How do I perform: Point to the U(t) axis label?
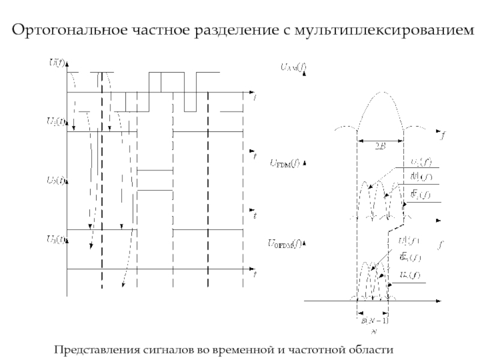click(x=56, y=62)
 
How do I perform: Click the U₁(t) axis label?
click(x=56, y=120)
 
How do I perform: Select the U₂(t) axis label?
click(x=56, y=180)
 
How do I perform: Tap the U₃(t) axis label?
click(x=56, y=239)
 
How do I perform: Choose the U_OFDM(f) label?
click(x=287, y=243)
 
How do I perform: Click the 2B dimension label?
click(x=380, y=145)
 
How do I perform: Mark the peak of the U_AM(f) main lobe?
click(x=380, y=93)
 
